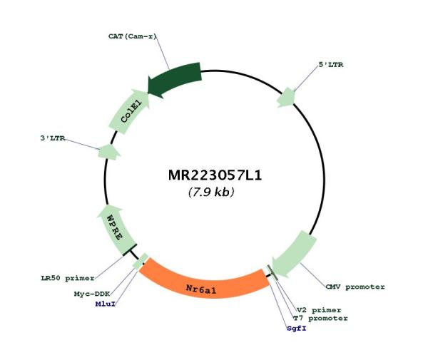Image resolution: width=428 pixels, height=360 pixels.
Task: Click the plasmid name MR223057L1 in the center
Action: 215,175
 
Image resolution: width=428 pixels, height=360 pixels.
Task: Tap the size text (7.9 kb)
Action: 211,192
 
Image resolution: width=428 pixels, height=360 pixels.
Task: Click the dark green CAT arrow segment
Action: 175,80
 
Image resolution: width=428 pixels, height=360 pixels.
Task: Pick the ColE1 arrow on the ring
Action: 129,111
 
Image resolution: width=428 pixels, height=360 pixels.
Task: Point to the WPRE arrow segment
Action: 116,230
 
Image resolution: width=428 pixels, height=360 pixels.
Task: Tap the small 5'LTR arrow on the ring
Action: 286,98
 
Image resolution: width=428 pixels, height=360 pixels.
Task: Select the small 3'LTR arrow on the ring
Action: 108,152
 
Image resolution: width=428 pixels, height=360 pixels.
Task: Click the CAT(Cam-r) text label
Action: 133,36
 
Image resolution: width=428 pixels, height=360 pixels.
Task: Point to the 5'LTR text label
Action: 331,65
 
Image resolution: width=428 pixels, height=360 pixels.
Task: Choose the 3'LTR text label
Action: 53,138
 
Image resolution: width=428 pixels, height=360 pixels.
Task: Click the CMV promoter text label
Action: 355,287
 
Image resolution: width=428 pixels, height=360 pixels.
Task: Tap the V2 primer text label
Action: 319,310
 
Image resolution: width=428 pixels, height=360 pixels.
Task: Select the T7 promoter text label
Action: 320,318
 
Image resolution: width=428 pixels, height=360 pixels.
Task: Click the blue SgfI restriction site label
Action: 297,329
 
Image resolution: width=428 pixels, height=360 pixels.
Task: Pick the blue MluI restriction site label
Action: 106,304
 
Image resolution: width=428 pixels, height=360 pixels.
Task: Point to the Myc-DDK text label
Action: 92,294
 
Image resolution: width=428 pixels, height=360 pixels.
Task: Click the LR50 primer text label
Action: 68,278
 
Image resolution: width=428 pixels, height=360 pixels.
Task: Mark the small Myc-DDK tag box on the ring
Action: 141,261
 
